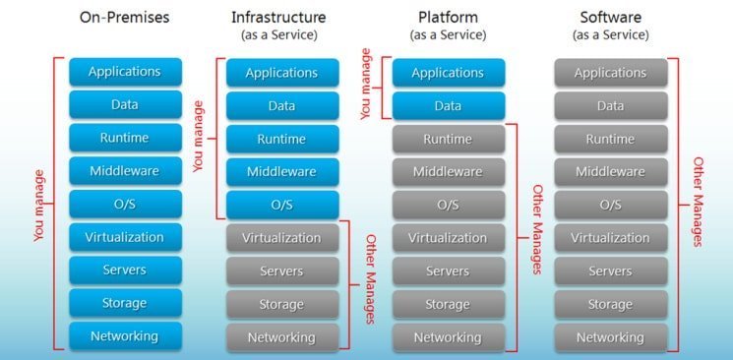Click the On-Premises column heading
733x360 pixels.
tap(124, 18)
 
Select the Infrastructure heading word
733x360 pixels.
tap(278, 18)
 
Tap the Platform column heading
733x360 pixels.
tap(448, 18)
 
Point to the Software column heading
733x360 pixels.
tap(611, 18)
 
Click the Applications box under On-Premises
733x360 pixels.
tap(125, 72)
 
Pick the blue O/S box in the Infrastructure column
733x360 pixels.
tap(282, 205)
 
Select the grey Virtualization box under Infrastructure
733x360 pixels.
tap(282, 238)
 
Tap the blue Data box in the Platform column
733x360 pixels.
tap(449, 105)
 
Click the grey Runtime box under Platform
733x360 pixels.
tap(449, 139)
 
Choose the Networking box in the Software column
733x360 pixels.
tap(611, 337)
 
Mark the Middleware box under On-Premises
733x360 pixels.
tap(125, 170)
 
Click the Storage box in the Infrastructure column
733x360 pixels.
tap(282, 304)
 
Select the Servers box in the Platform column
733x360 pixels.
tap(449, 271)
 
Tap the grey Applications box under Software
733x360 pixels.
tap(611, 73)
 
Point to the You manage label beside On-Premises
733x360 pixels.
tap(39, 206)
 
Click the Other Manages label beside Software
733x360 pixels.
tap(698, 201)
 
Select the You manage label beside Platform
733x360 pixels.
tap(366, 85)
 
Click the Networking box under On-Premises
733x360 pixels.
tap(125, 336)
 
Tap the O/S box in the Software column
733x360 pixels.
tap(611, 205)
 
